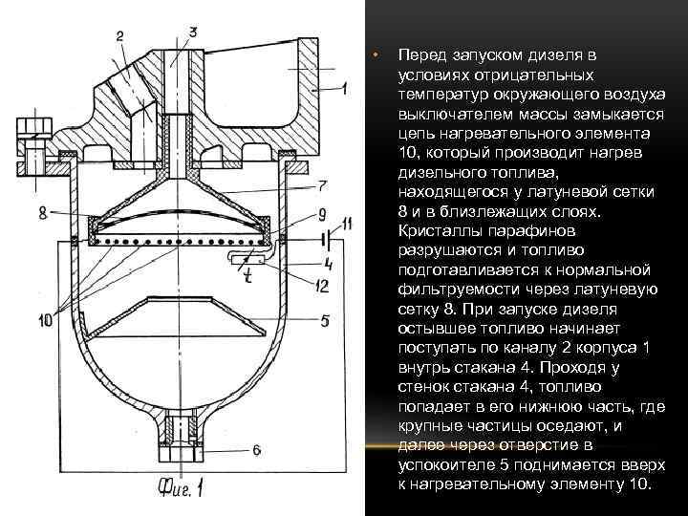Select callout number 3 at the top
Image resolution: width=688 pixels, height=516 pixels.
pos(193,32)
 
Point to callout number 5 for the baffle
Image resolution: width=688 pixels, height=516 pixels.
pos(325,322)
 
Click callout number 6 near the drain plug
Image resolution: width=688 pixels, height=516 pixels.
pos(256,449)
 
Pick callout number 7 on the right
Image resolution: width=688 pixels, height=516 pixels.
pos(324,184)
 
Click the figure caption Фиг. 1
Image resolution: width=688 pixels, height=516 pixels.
pos(181,488)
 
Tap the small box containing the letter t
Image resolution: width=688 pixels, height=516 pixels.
pos(246,259)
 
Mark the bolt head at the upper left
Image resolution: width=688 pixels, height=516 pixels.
pos(31,128)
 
